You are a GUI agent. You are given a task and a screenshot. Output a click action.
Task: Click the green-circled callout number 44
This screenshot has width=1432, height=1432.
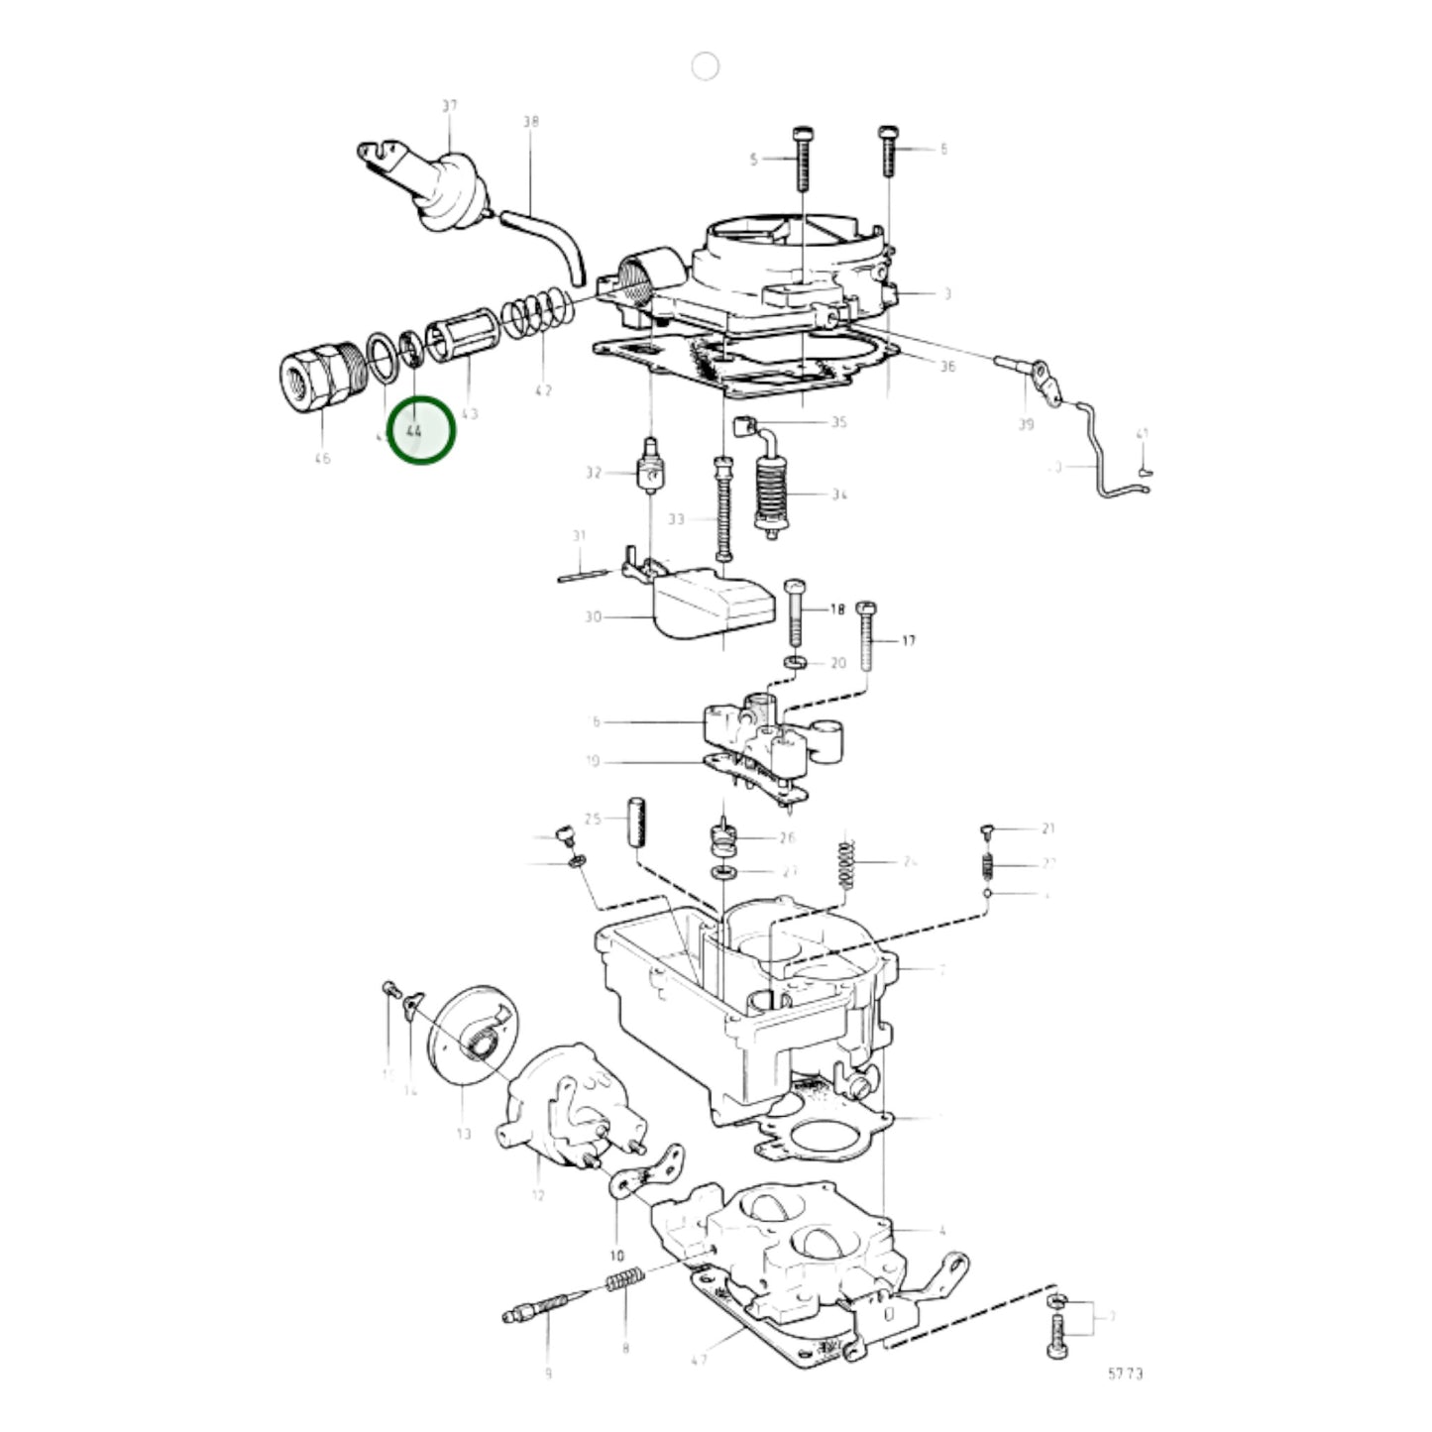coord(414,431)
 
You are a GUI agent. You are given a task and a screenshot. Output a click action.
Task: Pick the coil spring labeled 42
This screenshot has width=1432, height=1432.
coord(538,315)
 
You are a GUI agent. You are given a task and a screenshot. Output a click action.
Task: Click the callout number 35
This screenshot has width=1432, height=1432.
coord(838,422)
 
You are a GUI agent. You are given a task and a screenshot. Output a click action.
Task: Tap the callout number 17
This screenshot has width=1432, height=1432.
coord(908,640)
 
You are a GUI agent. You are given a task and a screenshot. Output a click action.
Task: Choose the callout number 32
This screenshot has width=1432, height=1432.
coord(594,473)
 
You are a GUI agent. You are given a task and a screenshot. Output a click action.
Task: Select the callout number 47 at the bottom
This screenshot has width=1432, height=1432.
coord(700,1359)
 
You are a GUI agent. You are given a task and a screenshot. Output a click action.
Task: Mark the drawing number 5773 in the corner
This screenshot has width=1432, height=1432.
coord(1125,1374)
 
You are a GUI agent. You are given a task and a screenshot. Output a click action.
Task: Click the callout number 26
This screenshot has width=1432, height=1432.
coord(787,837)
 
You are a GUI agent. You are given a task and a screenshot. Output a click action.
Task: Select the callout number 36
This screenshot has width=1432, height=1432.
coord(947,367)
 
